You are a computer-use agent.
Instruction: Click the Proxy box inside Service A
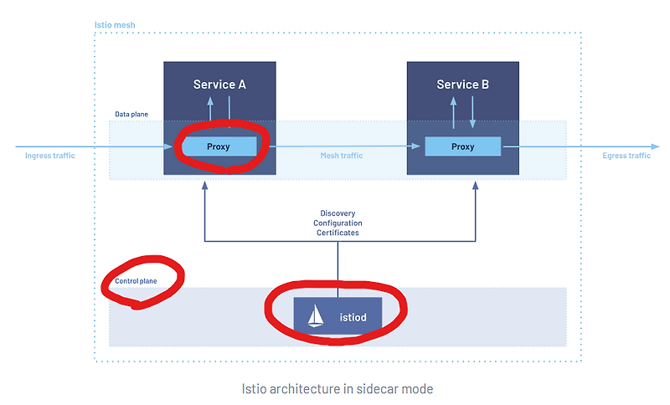219,146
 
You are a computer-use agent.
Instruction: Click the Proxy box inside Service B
462,146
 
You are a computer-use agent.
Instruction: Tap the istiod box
337,318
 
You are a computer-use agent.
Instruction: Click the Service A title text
219,85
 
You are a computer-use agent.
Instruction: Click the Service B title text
462,85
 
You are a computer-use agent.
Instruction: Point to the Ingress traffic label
50,156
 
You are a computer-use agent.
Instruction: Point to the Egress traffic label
626,156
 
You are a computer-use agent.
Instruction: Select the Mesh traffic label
342,156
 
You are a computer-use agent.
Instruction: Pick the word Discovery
338,213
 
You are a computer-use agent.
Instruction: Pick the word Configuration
338,223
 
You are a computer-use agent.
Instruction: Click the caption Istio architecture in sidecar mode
337,388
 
